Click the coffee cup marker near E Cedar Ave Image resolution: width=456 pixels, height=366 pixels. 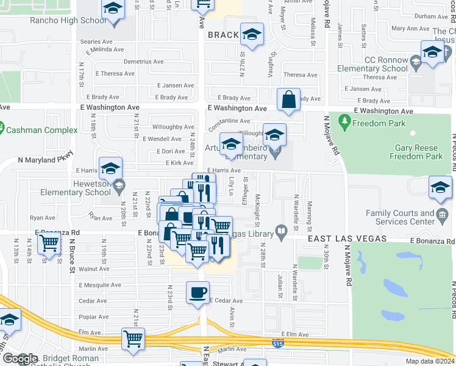[198, 293]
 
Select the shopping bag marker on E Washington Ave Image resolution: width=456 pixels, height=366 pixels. [288, 99]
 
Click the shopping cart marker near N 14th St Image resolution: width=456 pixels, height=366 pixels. [49, 243]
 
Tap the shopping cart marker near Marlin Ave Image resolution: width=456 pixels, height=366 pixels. [133, 339]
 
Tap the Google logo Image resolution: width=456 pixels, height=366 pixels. [20, 359]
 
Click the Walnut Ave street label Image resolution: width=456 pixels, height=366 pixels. [94, 268]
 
